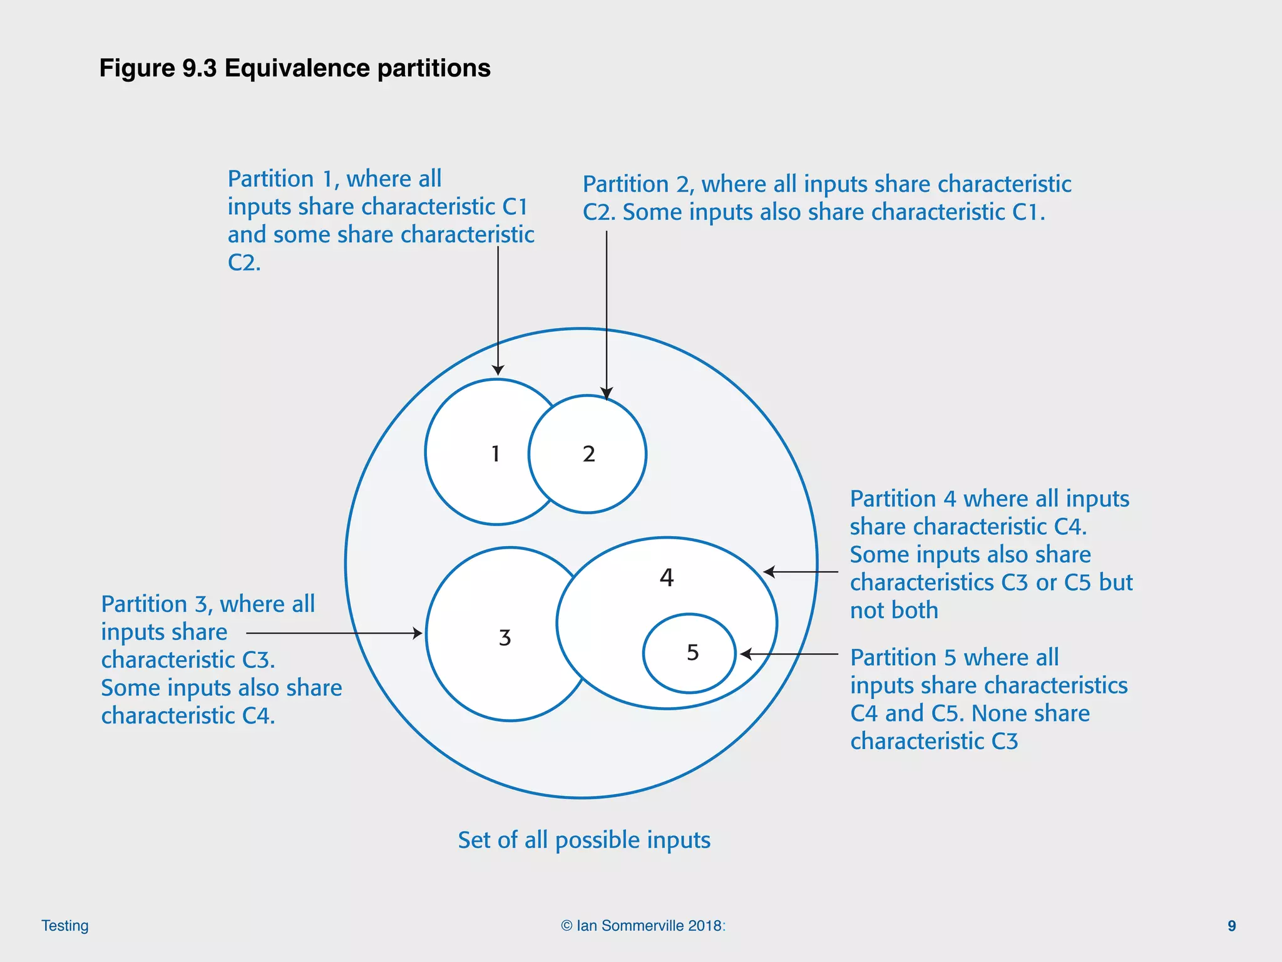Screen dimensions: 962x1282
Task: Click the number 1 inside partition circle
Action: [495, 453]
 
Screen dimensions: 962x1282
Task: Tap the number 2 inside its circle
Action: [588, 454]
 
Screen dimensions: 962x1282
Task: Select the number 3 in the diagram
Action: [505, 638]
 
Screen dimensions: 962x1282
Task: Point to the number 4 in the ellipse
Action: [667, 577]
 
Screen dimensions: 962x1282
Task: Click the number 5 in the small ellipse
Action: [692, 653]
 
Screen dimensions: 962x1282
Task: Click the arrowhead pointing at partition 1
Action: [498, 370]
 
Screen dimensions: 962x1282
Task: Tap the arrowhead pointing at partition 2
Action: [606, 394]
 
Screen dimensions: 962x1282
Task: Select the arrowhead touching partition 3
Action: [418, 633]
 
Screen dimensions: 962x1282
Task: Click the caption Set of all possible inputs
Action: [583, 840]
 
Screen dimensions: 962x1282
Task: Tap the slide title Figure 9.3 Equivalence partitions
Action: [294, 68]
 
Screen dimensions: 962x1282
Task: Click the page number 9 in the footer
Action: [1231, 926]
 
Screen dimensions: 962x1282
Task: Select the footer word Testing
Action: [64, 926]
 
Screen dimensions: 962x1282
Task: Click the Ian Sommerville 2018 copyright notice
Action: [642, 926]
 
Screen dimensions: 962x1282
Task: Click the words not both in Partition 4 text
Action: [893, 610]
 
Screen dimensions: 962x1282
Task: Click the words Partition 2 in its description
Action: [637, 184]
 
